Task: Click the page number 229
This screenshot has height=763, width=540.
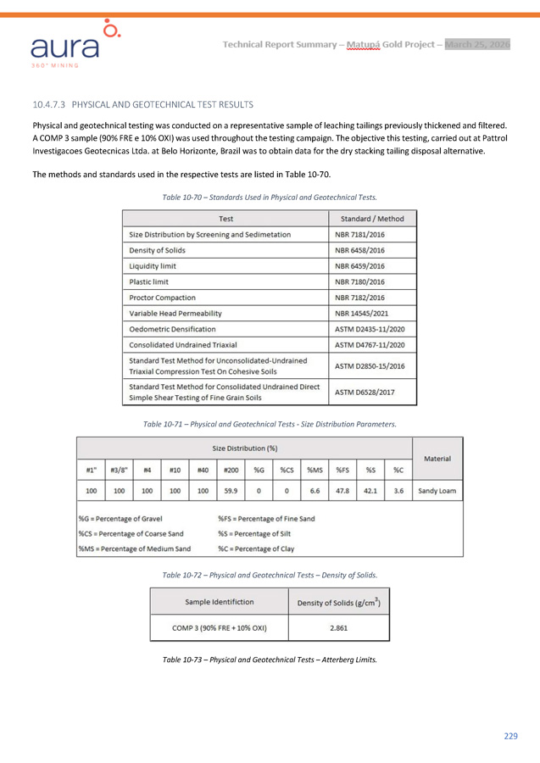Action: click(x=510, y=735)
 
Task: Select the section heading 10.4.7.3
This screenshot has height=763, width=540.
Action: click(x=142, y=105)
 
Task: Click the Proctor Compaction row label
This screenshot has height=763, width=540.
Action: click(x=162, y=298)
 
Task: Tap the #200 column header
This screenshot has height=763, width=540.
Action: click(x=231, y=469)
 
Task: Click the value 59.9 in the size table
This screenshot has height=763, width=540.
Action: click(x=231, y=490)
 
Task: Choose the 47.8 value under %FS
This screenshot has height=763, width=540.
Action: click(x=342, y=490)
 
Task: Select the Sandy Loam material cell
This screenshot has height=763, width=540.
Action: click(x=436, y=490)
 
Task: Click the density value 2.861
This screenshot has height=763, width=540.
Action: click(x=338, y=627)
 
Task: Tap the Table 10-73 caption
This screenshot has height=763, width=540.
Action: click(x=270, y=659)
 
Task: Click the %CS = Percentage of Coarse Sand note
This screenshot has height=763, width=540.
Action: click(x=131, y=533)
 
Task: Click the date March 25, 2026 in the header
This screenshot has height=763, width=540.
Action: click(x=477, y=44)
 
